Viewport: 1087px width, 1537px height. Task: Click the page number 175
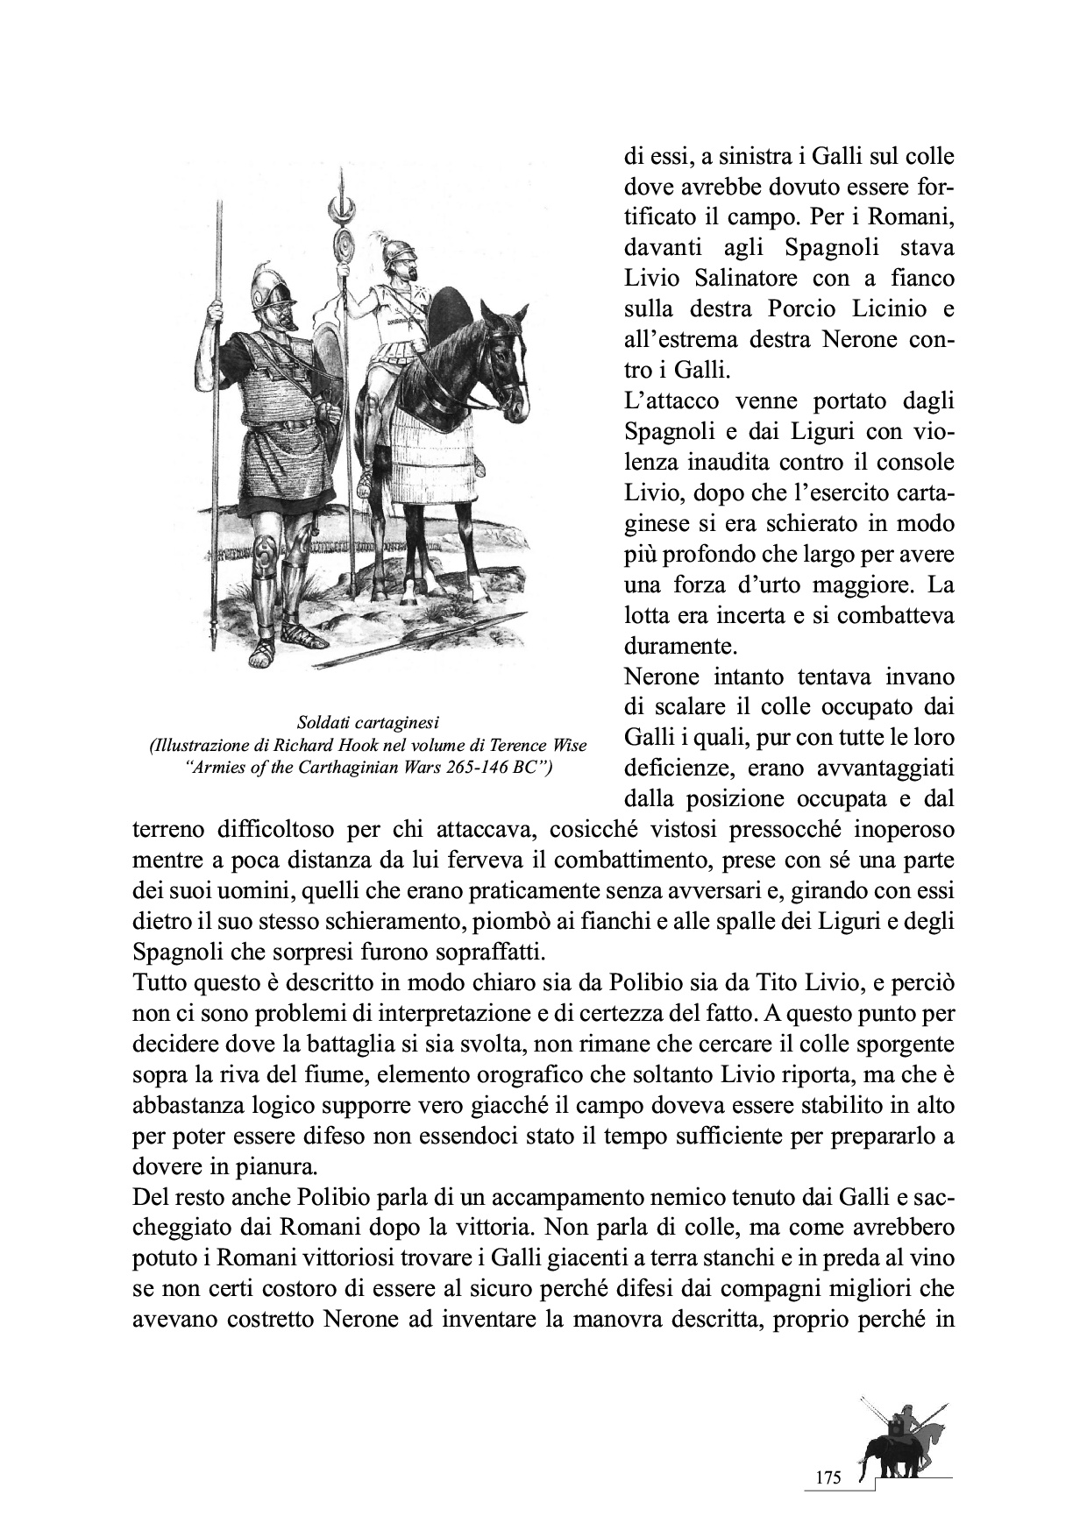[828, 1478]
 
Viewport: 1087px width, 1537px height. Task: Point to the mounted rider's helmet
[395, 253]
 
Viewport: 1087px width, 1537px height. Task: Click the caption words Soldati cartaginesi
[367, 723]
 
